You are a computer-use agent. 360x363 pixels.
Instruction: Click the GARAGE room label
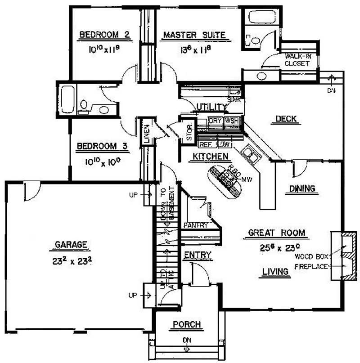pos(71,245)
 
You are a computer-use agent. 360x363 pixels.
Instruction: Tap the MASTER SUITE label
pos(194,35)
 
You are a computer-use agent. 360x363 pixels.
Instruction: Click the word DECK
pos(286,119)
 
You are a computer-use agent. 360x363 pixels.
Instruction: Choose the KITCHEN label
pos(209,156)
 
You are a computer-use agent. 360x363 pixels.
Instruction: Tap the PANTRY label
pos(196,225)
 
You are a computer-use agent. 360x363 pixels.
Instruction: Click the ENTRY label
pos(198,255)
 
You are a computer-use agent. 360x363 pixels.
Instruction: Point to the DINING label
pos(302,188)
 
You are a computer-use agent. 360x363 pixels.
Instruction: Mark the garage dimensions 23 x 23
pos(71,260)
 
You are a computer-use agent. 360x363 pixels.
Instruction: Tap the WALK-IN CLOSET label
pos(297,60)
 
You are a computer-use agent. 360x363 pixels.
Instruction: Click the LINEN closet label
pos(147,133)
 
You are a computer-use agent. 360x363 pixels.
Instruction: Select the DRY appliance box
pos(216,121)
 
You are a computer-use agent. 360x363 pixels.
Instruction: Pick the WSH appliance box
pos(231,121)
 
